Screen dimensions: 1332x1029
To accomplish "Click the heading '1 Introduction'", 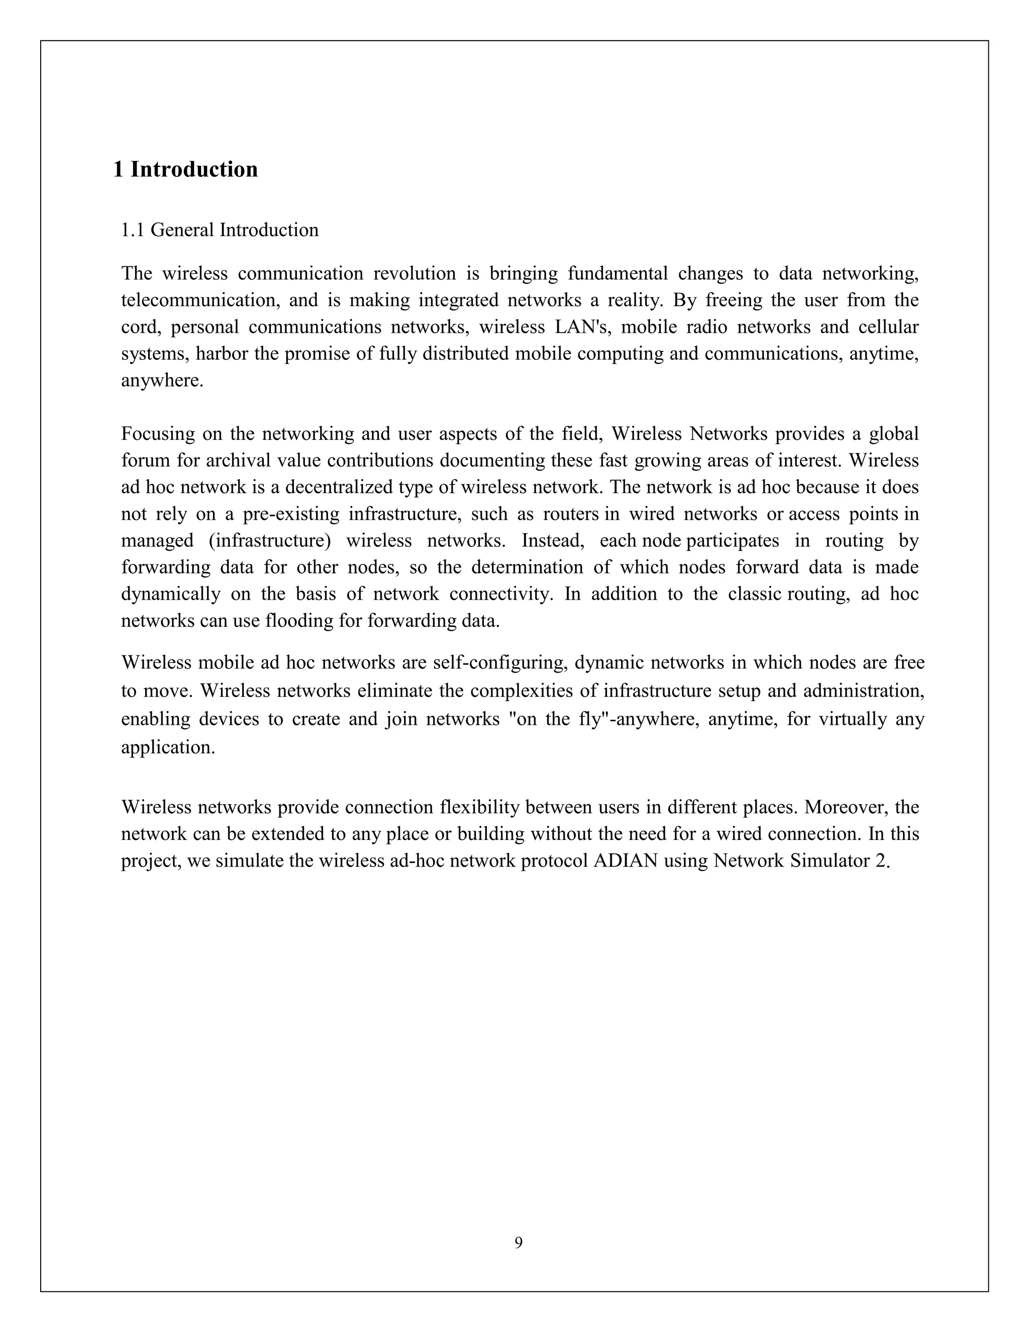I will click(185, 169).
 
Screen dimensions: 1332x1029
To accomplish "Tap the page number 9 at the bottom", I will click(518, 1243).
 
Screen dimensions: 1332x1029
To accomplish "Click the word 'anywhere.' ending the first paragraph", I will click(162, 381).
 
